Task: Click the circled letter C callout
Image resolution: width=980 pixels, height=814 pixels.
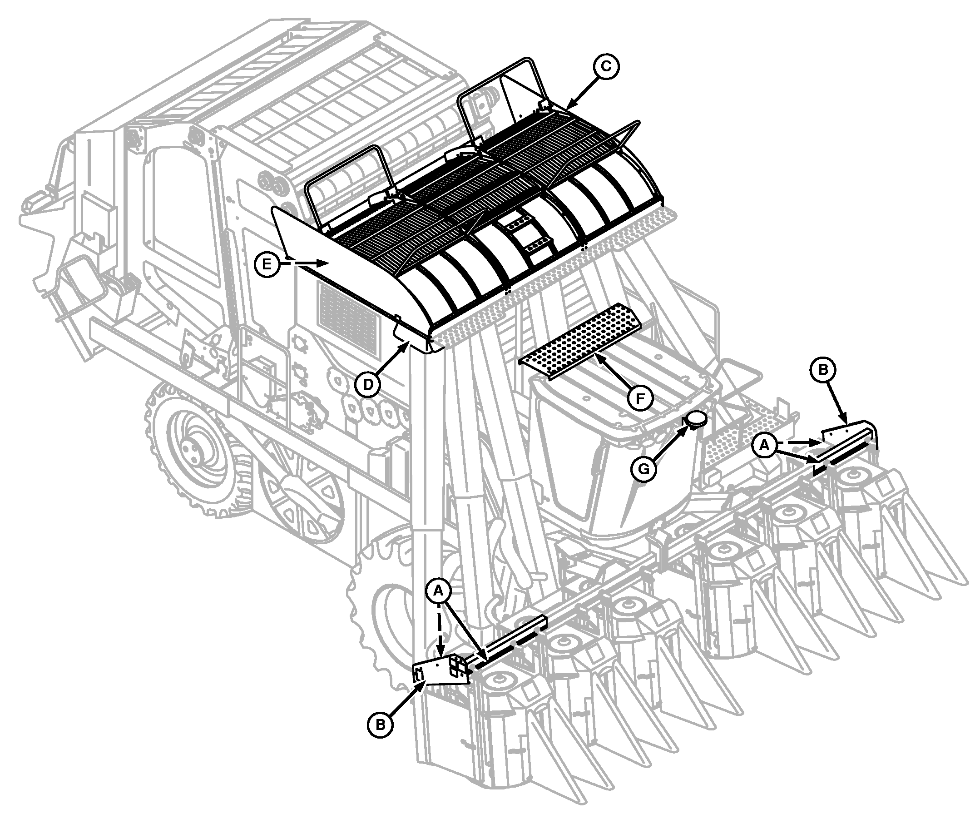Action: point(605,67)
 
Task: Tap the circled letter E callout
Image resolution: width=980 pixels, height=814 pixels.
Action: point(267,264)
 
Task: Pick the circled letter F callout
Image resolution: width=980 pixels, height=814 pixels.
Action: point(640,397)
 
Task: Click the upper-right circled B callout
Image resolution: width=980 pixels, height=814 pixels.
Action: point(823,370)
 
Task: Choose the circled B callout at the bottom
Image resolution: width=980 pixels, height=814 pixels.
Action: point(381,725)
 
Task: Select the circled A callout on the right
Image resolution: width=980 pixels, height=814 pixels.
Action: point(764,445)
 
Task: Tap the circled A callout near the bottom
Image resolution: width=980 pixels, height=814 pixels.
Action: point(438,591)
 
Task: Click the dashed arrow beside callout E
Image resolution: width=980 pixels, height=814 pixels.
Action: point(303,264)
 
